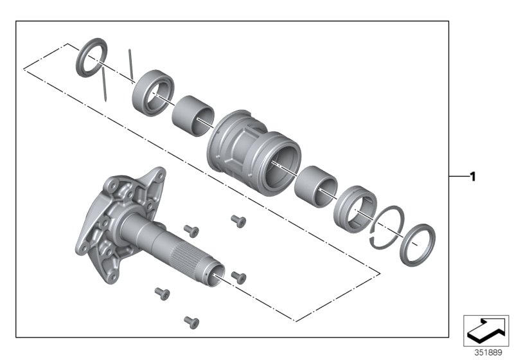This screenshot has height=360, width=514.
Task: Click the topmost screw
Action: coord(239,221)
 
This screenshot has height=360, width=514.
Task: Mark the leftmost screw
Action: coord(162,293)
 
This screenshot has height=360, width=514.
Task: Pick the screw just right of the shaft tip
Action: coord(239,277)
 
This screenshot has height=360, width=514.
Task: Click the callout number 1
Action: coord(472,176)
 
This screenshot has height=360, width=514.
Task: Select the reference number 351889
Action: coord(486,353)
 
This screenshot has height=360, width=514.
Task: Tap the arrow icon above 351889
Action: coord(486,330)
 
